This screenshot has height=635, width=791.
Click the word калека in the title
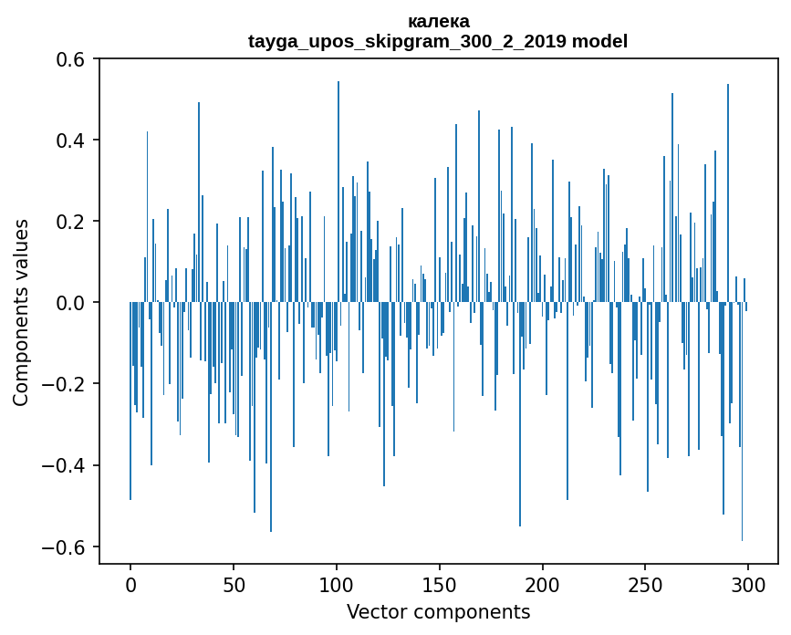tap(438, 21)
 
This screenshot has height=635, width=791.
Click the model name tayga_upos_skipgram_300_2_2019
tap(408, 41)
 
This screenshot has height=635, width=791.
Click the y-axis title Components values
tap(21, 312)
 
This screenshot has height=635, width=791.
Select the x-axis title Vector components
tap(438, 611)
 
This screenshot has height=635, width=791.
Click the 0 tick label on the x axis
tap(130, 585)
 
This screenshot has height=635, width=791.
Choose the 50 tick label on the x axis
tap(234, 585)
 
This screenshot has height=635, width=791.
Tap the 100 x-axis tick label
tap(337, 585)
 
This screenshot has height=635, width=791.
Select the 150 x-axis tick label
tap(440, 585)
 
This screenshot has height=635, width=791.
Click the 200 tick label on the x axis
tap(543, 585)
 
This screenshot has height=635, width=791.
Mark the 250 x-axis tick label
tap(646, 585)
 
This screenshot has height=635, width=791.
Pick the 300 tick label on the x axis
tap(748, 585)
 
